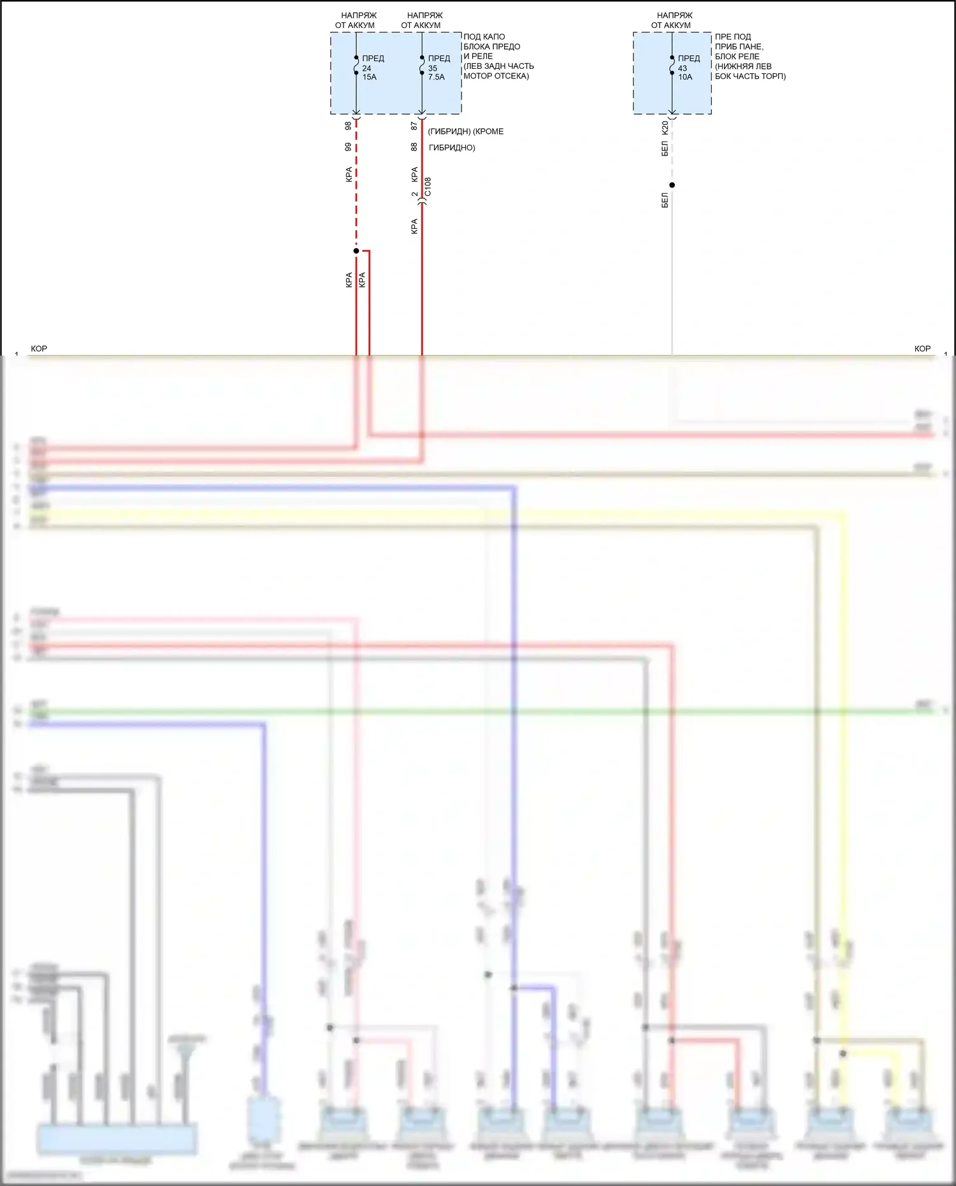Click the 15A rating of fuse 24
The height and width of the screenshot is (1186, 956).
coord(370,77)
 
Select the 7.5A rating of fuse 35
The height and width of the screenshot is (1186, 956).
coord(437,77)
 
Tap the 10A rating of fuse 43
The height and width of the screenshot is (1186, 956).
coord(685,77)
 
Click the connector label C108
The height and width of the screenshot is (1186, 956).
coord(428,187)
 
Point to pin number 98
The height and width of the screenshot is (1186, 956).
coord(348,126)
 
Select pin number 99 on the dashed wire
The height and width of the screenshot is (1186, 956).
coord(348,147)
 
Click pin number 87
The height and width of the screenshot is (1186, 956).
coord(414,126)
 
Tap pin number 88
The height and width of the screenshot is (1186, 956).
coord(414,147)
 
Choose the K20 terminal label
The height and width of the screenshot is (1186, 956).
coord(665,127)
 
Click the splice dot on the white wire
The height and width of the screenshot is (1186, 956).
coord(672,185)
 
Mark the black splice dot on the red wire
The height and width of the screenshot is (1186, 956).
coord(356,250)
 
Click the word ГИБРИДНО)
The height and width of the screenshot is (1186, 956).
coord(452,148)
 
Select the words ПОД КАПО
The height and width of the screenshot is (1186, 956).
coord(484,37)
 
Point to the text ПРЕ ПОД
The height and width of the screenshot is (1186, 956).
coord(733,37)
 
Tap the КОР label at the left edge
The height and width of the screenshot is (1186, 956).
coord(39,349)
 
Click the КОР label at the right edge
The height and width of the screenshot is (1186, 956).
coord(922,349)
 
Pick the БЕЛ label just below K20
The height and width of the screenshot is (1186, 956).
coord(665,149)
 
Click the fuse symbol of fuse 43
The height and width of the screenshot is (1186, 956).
coord(672,65)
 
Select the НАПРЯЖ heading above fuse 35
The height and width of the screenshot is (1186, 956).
coord(424,15)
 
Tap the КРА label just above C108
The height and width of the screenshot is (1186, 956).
coord(414,174)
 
